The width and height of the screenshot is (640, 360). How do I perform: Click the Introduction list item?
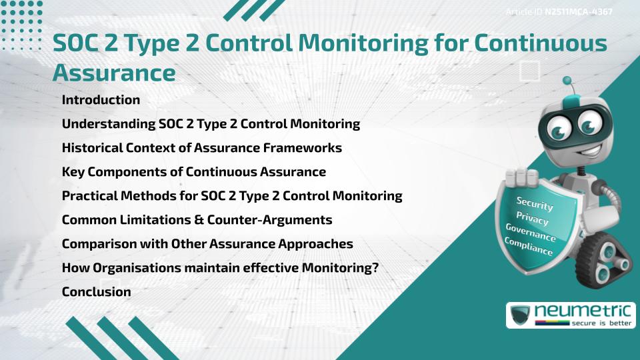[101, 100]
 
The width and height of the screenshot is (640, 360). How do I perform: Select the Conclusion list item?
[96, 292]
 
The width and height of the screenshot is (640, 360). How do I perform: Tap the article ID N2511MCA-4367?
[579, 11]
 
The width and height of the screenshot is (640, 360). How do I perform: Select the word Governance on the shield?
[531, 233]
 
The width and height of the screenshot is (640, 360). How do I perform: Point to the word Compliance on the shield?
[529, 247]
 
